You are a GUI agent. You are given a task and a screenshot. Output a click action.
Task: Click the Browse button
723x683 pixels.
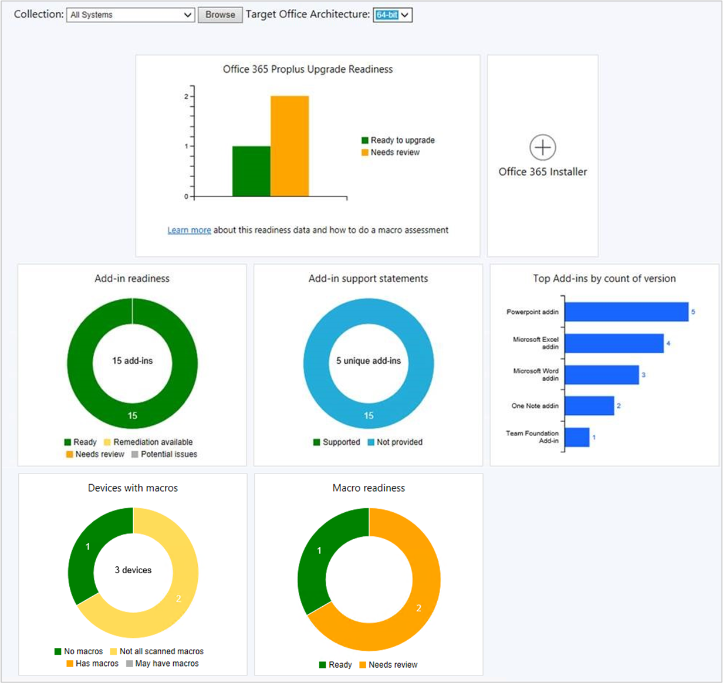click(220, 15)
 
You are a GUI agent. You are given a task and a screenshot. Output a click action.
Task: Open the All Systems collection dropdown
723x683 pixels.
click(130, 15)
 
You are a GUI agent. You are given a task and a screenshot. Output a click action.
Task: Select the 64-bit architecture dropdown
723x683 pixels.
click(393, 15)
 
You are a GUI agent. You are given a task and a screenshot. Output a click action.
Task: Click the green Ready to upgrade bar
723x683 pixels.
click(251, 171)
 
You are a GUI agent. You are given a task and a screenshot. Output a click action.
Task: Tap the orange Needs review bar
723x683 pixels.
click(289, 146)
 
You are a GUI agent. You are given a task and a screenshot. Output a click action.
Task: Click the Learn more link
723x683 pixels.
click(189, 230)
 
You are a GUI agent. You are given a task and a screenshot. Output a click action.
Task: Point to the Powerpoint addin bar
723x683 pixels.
click(626, 312)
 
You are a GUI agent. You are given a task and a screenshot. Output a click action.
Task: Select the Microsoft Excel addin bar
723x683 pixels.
click(614, 343)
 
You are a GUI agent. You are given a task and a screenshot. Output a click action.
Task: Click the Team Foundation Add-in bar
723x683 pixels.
click(577, 437)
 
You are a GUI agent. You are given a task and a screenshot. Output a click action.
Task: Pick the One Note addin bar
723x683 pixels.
click(589, 405)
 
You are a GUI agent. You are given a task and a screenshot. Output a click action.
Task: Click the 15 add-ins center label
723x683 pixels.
click(133, 361)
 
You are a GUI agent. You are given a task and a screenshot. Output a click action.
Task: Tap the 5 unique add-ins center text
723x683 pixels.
click(369, 361)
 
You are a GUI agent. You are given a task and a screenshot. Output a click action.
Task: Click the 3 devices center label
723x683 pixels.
click(133, 570)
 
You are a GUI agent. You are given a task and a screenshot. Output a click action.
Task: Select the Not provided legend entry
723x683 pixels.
click(395, 442)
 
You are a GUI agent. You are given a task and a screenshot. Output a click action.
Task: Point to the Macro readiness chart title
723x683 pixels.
click(369, 488)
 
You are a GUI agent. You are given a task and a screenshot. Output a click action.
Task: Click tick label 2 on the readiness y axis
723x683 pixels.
click(187, 96)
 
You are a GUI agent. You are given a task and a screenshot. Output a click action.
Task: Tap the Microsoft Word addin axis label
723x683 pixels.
click(536, 374)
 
